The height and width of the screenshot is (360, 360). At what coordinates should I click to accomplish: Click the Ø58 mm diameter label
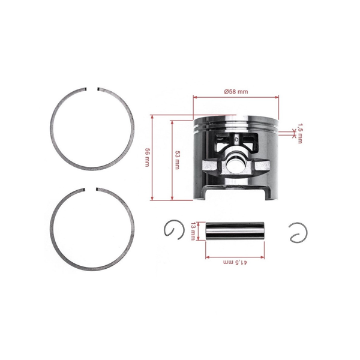point(236,92)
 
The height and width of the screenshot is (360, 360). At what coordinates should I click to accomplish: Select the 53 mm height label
point(176,159)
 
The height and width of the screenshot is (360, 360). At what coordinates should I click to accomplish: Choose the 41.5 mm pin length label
point(236,263)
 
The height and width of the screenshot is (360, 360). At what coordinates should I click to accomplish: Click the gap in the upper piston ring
point(94,91)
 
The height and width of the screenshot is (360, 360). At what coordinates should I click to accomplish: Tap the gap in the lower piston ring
point(94,191)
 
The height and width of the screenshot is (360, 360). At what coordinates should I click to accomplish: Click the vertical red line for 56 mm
point(154,157)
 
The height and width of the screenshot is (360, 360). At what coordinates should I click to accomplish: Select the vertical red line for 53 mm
point(172,159)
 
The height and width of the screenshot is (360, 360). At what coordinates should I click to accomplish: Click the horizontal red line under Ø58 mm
point(236,97)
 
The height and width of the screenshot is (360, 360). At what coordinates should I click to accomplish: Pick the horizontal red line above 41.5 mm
point(236,257)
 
